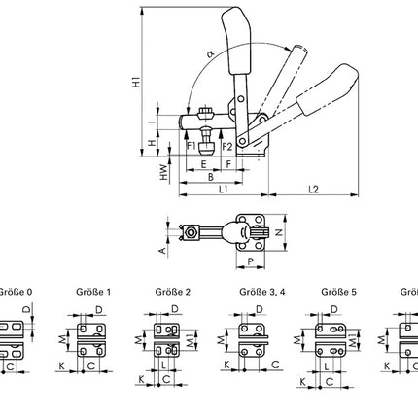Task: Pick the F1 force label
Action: click(x=192, y=146)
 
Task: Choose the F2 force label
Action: click(x=226, y=146)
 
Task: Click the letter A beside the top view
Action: click(x=160, y=249)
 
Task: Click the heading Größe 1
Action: click(x=92, y=291)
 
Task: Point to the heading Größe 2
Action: click(x=171, y=291)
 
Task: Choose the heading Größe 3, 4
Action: click(x=258, y=291)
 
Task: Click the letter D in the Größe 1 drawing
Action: click(x=101, y=310)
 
